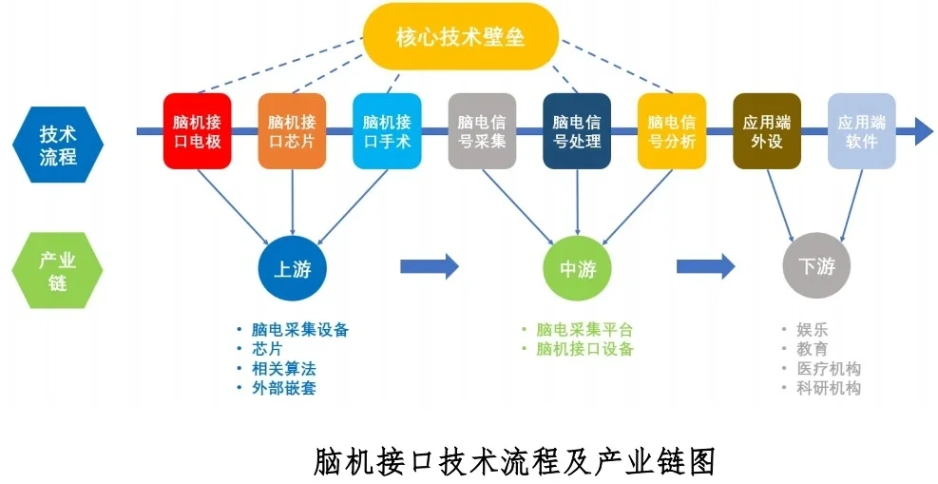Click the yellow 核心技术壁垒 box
click(x=461, y=37)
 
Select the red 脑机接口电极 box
click(x=197, y=131)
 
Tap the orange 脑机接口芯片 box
click(x=292, y=131)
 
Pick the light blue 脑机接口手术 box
click(x=387, y=131)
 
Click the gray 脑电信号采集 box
click(x=482, y=131)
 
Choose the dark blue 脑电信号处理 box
click(x=577, y=131)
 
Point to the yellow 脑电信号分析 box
click(x=672, y=131)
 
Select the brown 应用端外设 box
click(x=767, y=131)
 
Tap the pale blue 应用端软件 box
click(x=862, y=131)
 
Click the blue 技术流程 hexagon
click(x=58, y=144)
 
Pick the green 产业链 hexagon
click(x=58, y=270)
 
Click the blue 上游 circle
click(x=293, y=268)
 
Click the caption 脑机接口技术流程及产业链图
click(x=513, y=460)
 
